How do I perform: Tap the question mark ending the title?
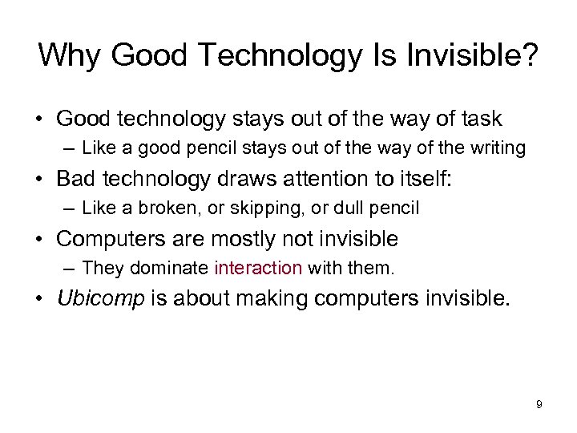tap(528, 55)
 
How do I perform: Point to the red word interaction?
tap(259, 267)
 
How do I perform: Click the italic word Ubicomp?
tap(100, 298)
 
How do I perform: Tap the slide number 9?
tap(539, 405)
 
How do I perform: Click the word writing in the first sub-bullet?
tap(497, 149)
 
